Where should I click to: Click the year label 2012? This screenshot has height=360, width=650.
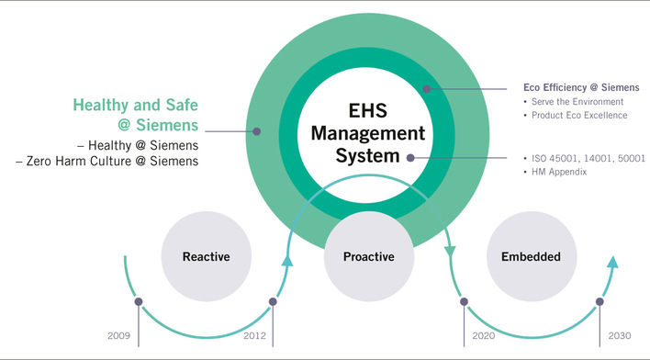click(254, 336)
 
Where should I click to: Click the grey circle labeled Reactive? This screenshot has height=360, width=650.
click(205, 256)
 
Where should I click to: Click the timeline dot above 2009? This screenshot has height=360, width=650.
click(139, 300)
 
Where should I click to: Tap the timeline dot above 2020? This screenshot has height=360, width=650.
click(464, 300)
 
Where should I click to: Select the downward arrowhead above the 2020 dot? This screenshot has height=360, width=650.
click(450, 252)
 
